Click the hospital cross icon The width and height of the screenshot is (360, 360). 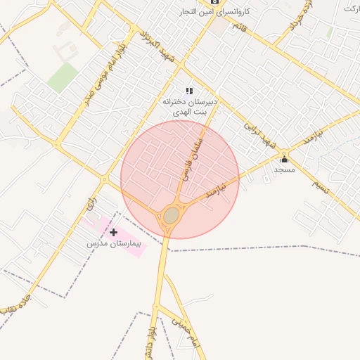point(113,232)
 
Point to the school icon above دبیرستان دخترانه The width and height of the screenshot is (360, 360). point(188,91)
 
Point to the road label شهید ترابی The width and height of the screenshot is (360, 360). point(257,136)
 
